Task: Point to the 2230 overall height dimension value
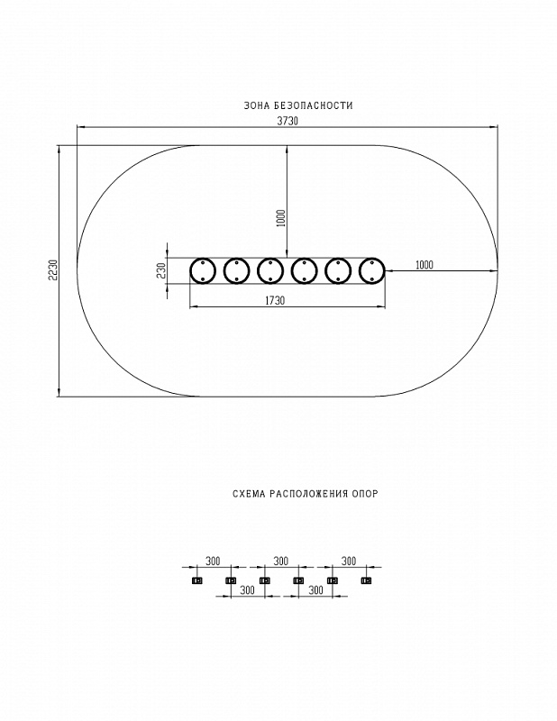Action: click(x=53, y=270)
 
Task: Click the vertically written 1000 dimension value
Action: click(x=281, y=217)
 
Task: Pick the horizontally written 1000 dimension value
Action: click(x=425, y=264)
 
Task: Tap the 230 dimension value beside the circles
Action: click(x=160, y=270)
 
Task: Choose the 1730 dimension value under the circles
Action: click(x=275, y=301)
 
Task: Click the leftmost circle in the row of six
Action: click(x=203, y=270)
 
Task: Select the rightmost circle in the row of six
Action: click(x=372, y=270)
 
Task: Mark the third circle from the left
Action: click(x=270, y=270)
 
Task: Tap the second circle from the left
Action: click(x=236, y=270)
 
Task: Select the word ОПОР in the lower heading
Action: click(x=365, y=494)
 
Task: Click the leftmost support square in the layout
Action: click(x=196, y=580)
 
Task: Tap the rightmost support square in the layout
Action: click(x=365, y=580)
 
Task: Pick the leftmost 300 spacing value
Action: click(x=213, y=561)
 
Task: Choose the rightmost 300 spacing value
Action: click(x=348, y=561)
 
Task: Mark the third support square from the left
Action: click(x=264, y=580)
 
